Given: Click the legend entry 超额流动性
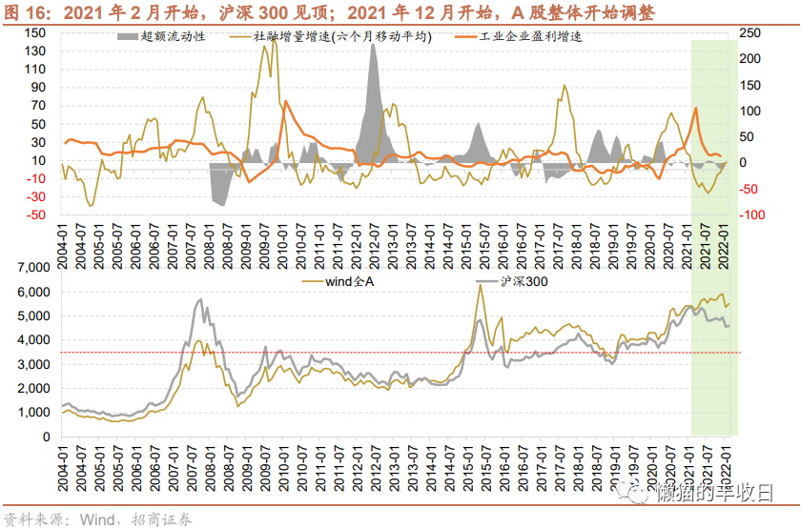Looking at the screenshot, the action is [161, 36].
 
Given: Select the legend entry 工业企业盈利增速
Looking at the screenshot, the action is [518, 36].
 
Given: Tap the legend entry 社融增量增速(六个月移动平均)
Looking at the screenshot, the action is [331, 36].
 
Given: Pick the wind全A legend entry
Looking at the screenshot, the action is [338, 281].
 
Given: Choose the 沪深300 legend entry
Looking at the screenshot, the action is [511, 281].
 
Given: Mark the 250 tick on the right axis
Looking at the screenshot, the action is [750, 33].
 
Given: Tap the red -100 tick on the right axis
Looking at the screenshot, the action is [752, 215].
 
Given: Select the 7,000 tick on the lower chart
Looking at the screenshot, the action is [33, 268].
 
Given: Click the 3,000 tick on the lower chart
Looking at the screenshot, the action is [33, 365].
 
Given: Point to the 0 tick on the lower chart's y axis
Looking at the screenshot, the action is [47, 437].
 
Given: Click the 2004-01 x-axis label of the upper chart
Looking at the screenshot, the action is [62, 246].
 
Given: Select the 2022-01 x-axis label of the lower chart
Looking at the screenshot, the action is [725, 467].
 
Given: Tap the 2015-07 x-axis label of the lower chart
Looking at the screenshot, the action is [485, 467].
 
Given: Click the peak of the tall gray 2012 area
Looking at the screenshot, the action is [374, 45].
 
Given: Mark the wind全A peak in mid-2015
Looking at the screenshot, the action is [481, 285].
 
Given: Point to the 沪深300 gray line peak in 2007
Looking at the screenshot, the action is [201, 299].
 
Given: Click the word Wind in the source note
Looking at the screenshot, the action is [97, 519].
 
